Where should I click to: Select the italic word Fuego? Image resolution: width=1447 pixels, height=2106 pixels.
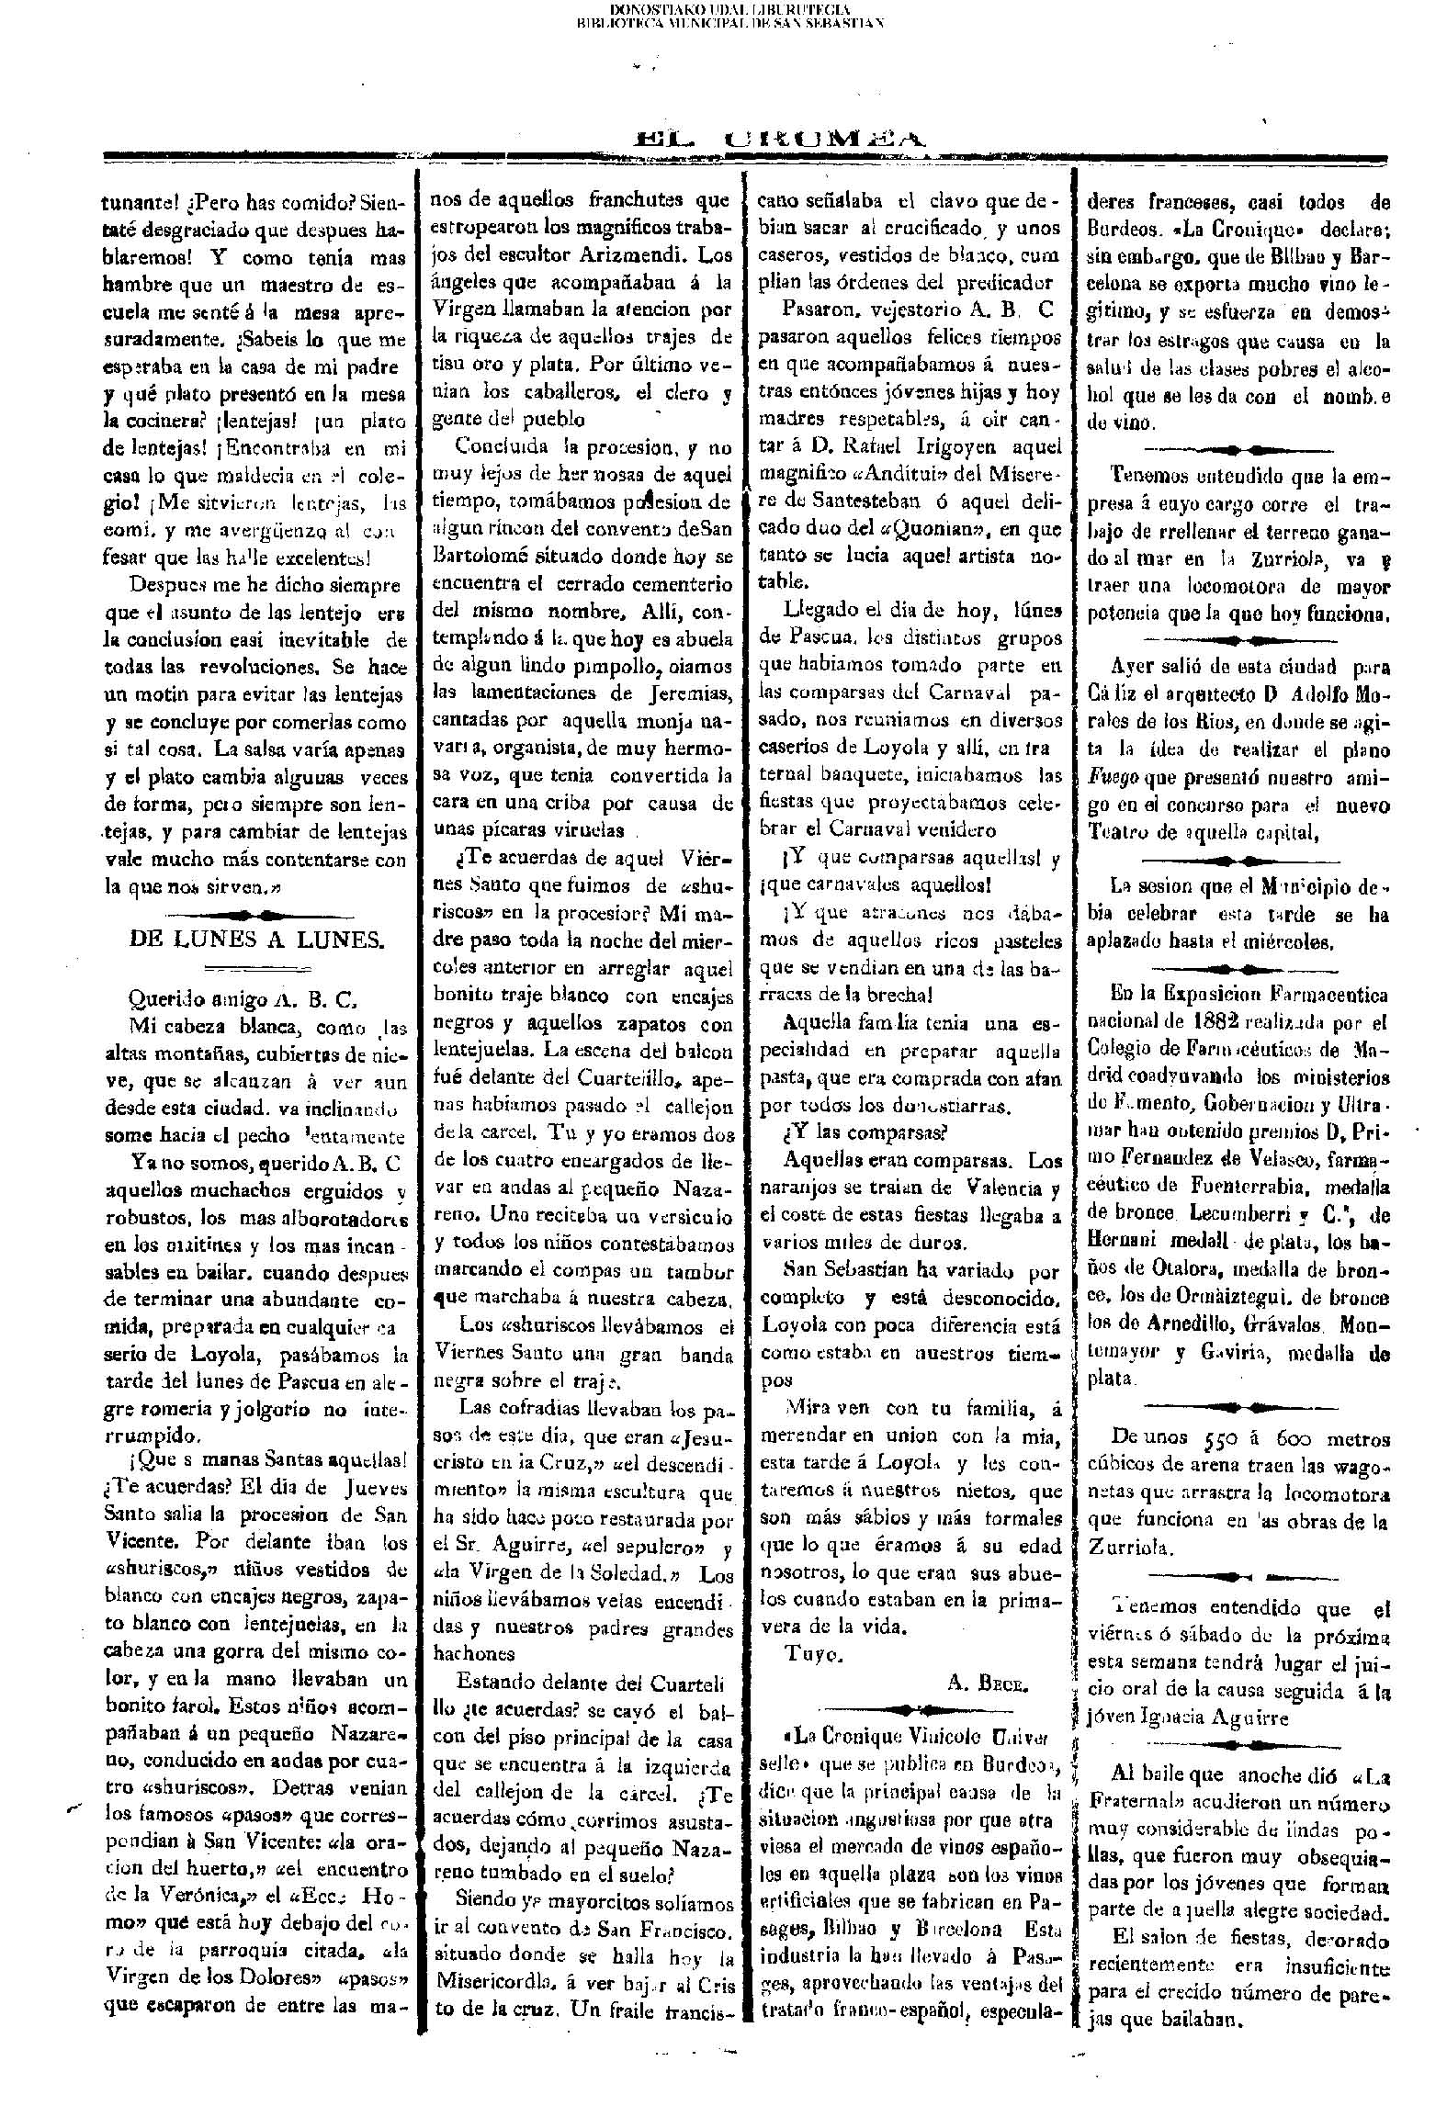click(1114, 778)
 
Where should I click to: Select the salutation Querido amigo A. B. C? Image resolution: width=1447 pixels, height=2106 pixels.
click(243, 998)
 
